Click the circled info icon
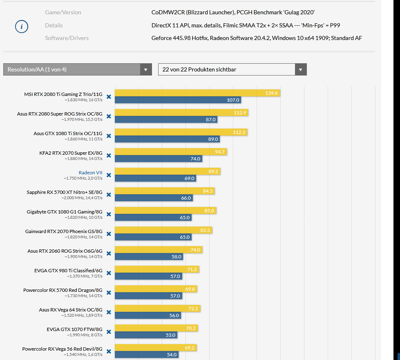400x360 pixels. (22, 27)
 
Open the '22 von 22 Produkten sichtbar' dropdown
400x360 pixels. (232, 69)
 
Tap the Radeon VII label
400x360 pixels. (90, 173)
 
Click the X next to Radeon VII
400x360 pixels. (109, 175)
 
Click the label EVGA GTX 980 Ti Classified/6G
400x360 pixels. (68, 270)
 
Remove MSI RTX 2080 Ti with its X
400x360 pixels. (109, 97)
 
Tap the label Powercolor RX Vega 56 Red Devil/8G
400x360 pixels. (62, 349)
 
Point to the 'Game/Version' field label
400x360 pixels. (63, 12)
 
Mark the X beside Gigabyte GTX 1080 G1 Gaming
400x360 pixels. (109, 214)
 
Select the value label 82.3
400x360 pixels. (205, 231)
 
